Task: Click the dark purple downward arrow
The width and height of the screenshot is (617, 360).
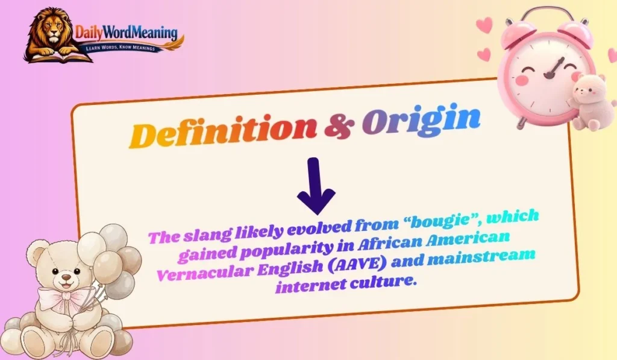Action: click(x=316, y=188)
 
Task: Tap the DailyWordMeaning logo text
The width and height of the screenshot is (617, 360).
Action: click(x=126, y=31)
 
